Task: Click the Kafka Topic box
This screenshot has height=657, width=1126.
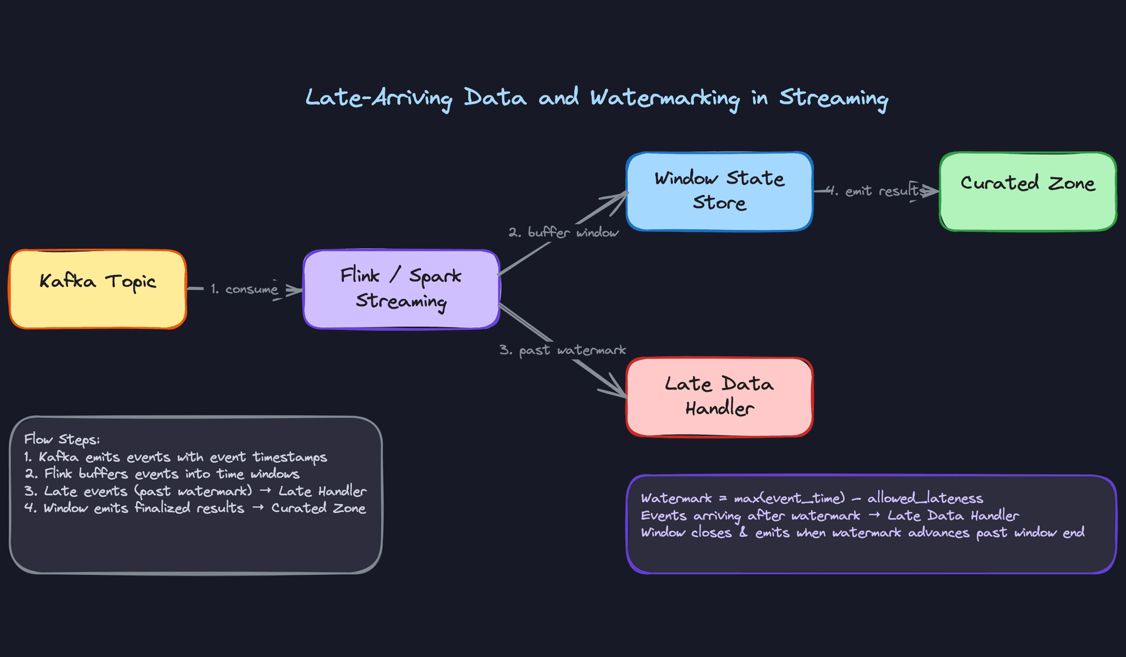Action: pyautogui.click(x=98, y=289)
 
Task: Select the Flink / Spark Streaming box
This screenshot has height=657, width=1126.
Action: pyautogui.click(x=402, y=289)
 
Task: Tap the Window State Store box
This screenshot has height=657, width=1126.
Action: pyautogui.click(x=720, y=191)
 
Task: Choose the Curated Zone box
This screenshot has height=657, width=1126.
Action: pyautogui.click(x=1027, y=191)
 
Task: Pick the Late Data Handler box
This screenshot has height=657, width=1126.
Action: pyautogui.click(x=720, y=397)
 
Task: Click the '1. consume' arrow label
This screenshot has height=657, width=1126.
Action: pyautogui.click(x=245, y=289)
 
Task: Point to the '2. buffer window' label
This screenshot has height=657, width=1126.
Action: pyautogui.click(x=564, y=232)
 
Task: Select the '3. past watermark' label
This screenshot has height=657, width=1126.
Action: pyautogui.click(x=562, y=350)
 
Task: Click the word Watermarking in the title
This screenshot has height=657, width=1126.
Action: pyautogui.click(x=664, y=98)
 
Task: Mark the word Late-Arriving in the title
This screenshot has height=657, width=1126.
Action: pyautogui.click(x=378, y=98)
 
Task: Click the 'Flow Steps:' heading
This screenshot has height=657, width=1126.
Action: pyautogui.click(x=62, y=439)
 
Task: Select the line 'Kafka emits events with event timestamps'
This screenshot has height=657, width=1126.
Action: pyautogui.click(x=176, y=457)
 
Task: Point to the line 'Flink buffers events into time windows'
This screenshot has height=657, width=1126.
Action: pyautogui.click(x=162, y=474)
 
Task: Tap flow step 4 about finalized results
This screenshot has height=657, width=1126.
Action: pyautogui.click(x=195, y=508)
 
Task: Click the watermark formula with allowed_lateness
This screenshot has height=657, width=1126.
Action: pyautogui.click(x=812, y=498)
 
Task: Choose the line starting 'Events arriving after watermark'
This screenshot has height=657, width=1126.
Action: pyautogui.click(x=830, y=516)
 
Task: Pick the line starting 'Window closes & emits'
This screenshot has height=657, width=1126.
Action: pyautogui.click(x=863, y=533)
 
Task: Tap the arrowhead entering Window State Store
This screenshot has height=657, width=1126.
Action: pyautogui.click(x=622, y=196)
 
